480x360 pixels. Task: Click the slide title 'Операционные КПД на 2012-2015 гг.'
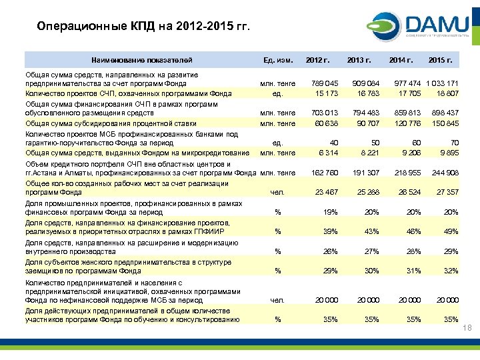(x=143, y=27)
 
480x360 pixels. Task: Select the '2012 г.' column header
(x=318, y=61)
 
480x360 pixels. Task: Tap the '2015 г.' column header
(x=441, y=61)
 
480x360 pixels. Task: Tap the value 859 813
(x=409, y=113)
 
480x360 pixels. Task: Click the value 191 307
(x=367, y=173)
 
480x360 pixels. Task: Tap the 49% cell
(x=451, y=231)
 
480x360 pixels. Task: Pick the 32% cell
(x=451, y=271)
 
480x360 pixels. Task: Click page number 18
(x=467, y=329)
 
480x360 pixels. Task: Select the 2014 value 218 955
(x=409, y=173)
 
